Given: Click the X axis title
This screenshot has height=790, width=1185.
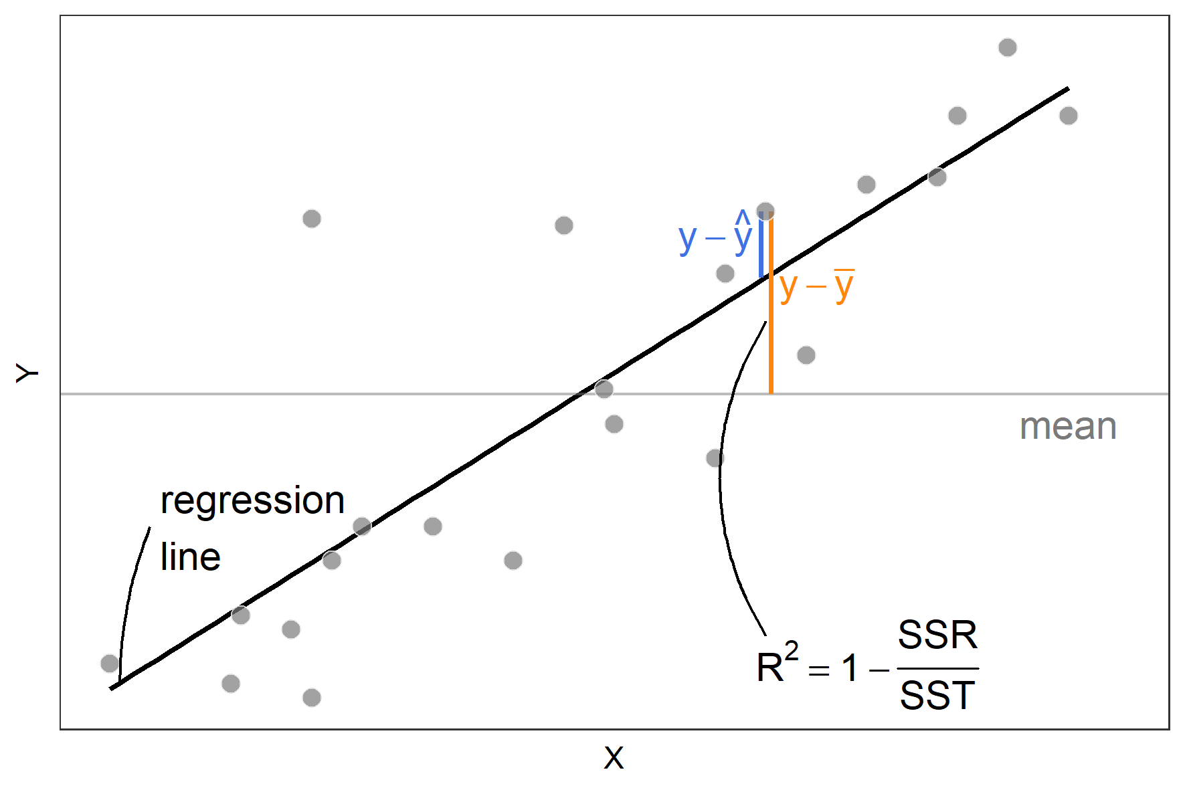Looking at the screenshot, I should pos(614,759).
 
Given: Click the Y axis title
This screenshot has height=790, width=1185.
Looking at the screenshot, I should pos(27,373).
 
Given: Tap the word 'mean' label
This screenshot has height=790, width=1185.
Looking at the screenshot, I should pos(1068,427).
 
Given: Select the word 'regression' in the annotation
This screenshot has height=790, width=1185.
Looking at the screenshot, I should pos(252,501).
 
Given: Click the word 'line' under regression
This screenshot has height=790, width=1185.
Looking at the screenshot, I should pos(191,557).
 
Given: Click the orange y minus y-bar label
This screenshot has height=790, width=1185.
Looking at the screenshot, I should pos(816,286).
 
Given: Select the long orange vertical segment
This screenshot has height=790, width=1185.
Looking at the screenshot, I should pos(771,334).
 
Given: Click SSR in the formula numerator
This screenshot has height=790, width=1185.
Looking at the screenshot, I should pos(937,635).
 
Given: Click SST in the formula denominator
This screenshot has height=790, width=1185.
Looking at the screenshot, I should pos(937,696).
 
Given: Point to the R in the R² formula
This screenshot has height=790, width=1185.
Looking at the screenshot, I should pos(770,668).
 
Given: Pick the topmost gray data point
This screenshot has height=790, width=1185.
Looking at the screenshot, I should pos(1008,47).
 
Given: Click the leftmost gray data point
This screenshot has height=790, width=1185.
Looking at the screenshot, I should pos(110,664).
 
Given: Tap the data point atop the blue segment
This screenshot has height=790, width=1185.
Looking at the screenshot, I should pos(765,212).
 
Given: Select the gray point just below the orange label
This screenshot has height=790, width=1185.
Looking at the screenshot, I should pos(806,355).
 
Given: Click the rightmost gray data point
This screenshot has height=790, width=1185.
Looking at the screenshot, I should pos(1069,116).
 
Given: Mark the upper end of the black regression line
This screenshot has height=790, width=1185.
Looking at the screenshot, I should pos(1067,89).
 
